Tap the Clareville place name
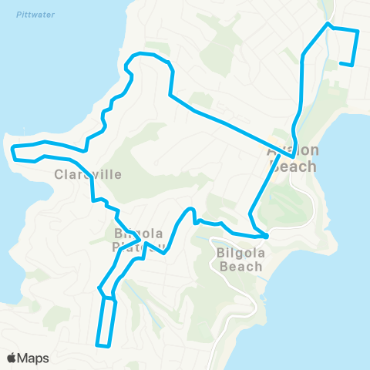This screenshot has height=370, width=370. (x=88, y=174)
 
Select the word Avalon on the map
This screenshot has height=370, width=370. (x=292, y=150)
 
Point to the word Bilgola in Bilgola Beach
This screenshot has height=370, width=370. (x=241, y=252)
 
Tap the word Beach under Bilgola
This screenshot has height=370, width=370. (x=241, y=267)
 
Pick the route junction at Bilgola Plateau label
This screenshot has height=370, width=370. (x=143, y=241)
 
